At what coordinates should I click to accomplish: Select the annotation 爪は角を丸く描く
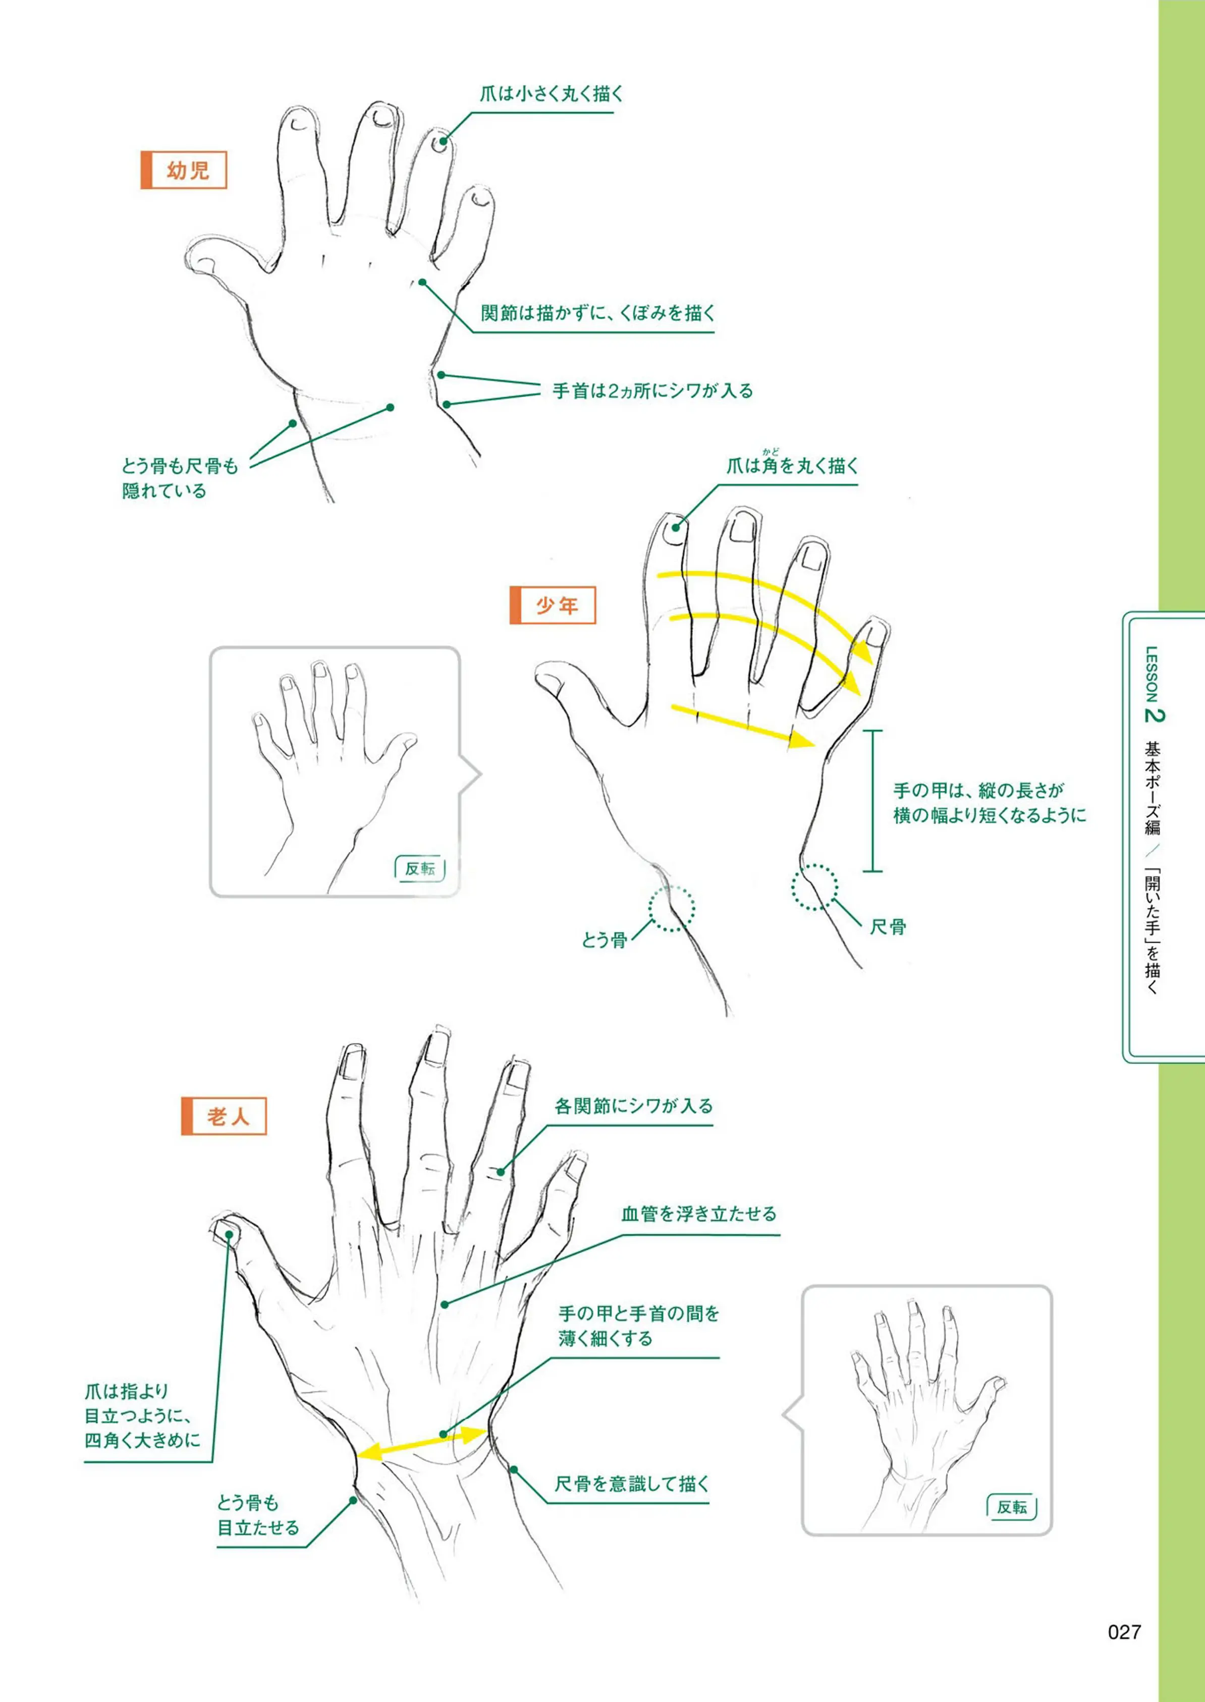tap(792, 465)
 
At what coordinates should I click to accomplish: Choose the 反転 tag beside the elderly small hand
tap(1012, 1507)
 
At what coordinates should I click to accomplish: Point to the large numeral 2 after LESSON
tap(1155, 715)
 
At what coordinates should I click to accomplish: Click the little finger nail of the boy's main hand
tap(875, 633)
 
